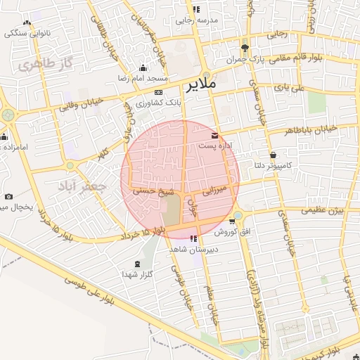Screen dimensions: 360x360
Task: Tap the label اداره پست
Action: coord(214,146)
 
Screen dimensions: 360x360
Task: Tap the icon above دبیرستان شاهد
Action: coord(193,239)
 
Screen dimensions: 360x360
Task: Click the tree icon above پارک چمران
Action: coord(245,49)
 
